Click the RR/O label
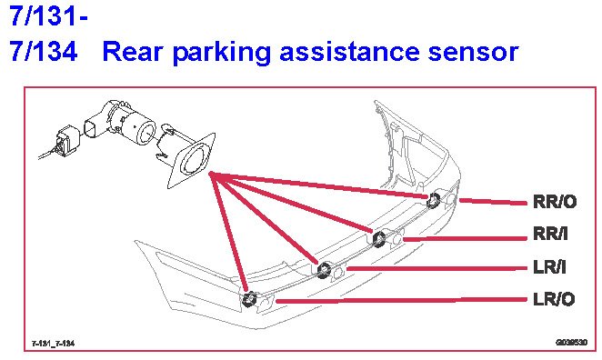point(555,202)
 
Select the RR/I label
point(550,234)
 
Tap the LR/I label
point(549,267)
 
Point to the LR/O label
point(554,299)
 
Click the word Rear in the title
point(132,52)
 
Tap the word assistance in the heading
point(349,52)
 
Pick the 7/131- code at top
point(49,15)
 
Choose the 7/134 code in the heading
point(44,52)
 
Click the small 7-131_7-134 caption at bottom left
point(53,343)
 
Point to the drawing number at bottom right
point(572,342)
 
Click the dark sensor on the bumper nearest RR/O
point(434,200)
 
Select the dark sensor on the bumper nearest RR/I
point(378,239)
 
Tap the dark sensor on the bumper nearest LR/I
point(324,269)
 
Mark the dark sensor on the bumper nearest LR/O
point(250,298)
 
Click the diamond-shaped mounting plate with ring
point(192,161)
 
